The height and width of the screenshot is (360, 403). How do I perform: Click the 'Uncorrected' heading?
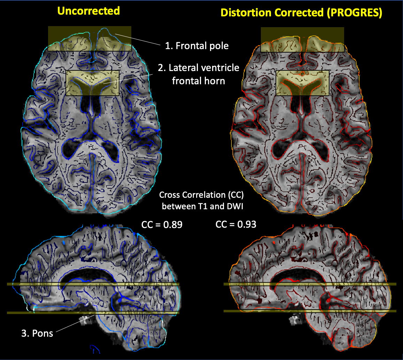pos(88,11)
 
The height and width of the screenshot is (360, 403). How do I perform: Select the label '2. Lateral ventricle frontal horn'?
pos(199,74)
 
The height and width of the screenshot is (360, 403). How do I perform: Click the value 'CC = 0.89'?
pos(162,225)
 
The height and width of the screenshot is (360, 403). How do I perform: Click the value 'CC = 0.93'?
pos(236,225)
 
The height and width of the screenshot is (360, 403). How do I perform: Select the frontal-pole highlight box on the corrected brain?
pos(302,40)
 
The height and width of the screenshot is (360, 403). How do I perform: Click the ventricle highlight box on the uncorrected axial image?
pos(93,83)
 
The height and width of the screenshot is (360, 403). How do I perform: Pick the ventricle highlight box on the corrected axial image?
pos(302,83)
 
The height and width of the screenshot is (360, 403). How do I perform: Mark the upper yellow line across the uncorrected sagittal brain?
pos(93,284)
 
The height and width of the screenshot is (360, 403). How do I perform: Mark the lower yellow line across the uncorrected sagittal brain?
pos(93,313)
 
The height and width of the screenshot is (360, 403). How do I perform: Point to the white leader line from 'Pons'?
pos(75,323)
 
